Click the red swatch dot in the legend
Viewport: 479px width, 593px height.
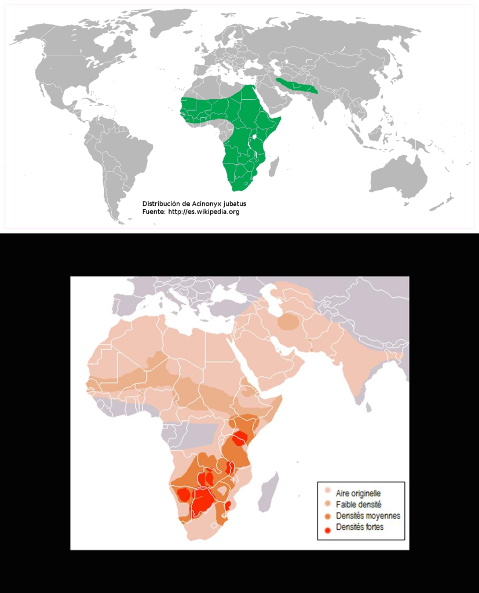(328, 527)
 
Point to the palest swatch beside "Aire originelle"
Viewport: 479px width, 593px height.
(328, 493)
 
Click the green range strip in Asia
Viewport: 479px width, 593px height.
(297, 86)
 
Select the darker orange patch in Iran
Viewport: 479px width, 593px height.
(288, 321)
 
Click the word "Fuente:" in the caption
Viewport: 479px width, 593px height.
(154, 212)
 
